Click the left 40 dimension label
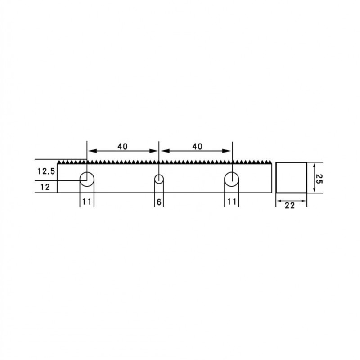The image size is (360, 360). pyautogui.click(x=122, y=146)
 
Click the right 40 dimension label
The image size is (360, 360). pyautogui.click(x=197, y=146)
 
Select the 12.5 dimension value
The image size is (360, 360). pyautogui.click(x=46, y=171)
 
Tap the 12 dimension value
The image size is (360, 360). pyautogui.click(x=45, y=187)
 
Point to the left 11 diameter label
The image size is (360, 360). pyautogui.click(x=87, y=202)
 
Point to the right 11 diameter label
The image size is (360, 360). pyautogui.click(x=232, y=202)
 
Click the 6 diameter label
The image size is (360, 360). pyautogui.click(x=159, y=202)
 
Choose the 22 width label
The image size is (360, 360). pyautogui.click(x=289, y=206)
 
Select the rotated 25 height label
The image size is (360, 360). pyautogui.click(x=319, y=179)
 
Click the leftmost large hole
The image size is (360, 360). pyautogui.click(x=80, y=179)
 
